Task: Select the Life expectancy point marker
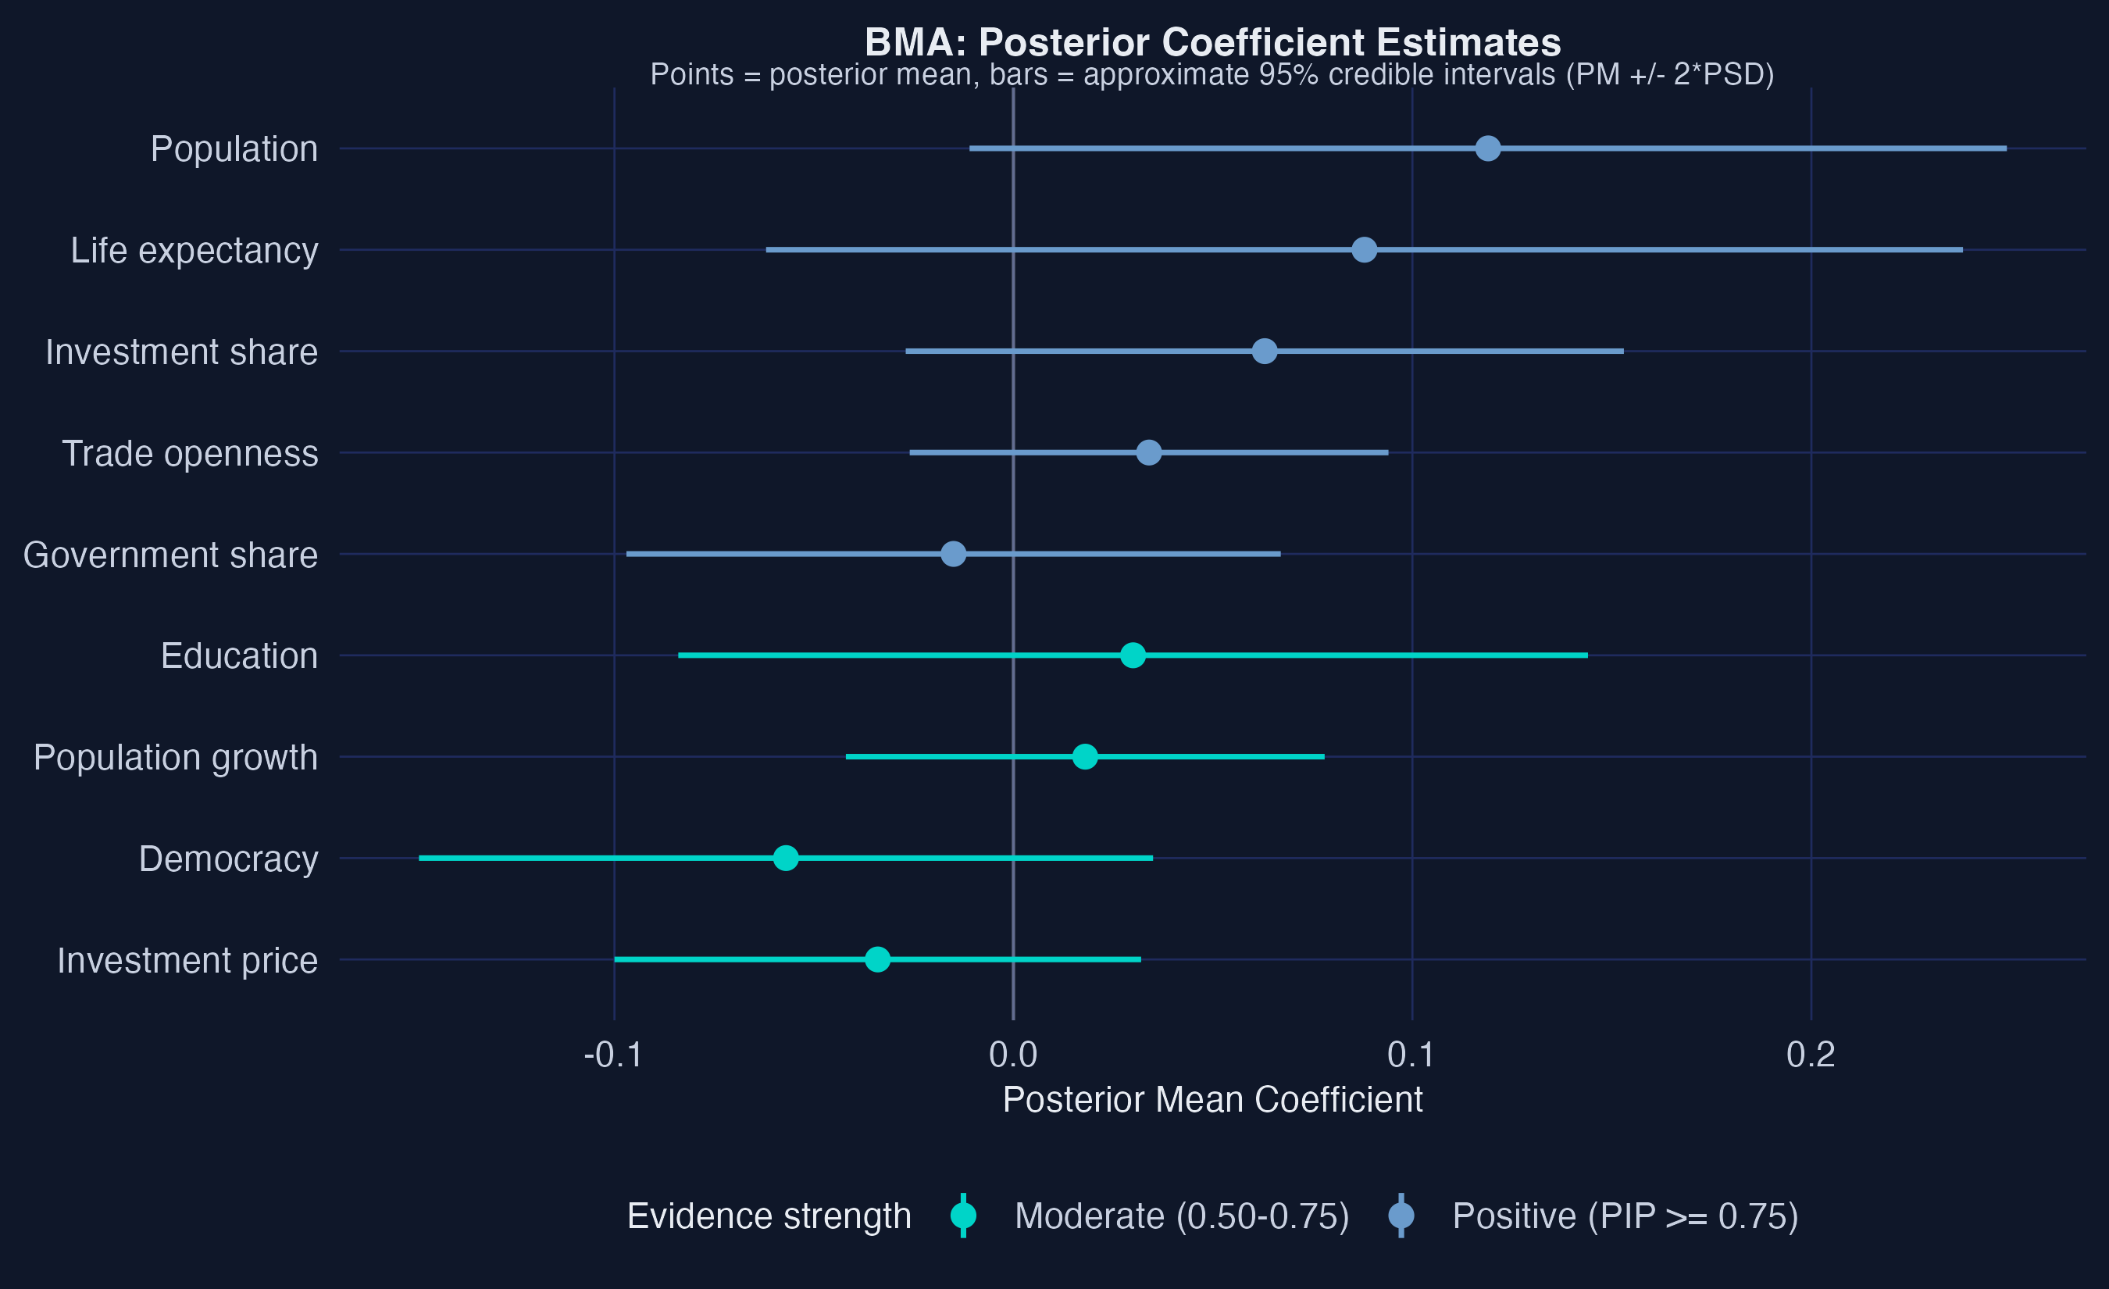click(1364, 250)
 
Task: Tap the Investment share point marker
click(1264, 351)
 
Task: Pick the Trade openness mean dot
click(1149, 453)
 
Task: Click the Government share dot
click(953, 554)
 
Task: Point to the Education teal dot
click(1133, 655)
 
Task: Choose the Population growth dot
click(1084, 757)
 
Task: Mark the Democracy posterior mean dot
click(785, 858)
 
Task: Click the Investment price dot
click(877, 959)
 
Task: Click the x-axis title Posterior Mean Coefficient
click(1212, 1100)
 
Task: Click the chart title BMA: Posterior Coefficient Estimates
click(1212, 42)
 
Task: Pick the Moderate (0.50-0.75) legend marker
click(963, 1216)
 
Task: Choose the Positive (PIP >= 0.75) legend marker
click(1401, 1216)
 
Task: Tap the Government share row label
click(170, 555)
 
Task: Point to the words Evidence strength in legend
click(769, 1216)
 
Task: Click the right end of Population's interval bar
click(2004, 148)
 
